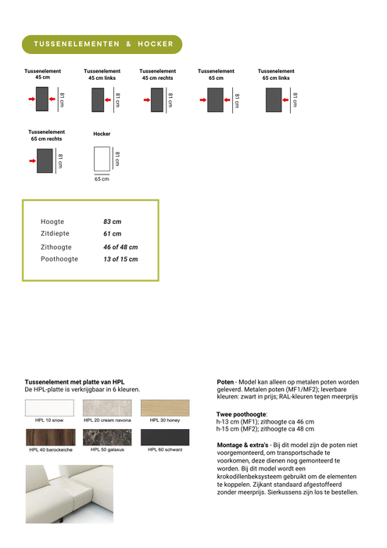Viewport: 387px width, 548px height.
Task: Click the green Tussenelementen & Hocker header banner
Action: [102, 45]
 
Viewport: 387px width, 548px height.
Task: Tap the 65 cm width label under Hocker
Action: [102, 179]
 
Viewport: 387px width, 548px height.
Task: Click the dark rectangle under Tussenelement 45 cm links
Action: [99, 99]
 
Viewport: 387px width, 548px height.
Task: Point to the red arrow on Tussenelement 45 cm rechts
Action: [146, 99]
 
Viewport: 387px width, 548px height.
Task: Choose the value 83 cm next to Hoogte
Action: [112, 222]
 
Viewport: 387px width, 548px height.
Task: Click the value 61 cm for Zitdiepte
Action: [112, 234]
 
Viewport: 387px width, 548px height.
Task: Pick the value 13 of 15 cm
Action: [120, 259]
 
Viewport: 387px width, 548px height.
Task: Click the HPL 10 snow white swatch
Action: [49, 408]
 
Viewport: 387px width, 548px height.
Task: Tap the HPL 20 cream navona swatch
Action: [108, 408]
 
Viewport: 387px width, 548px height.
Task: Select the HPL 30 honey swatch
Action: [164, 408]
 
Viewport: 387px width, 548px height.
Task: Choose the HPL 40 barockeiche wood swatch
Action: [49, 437]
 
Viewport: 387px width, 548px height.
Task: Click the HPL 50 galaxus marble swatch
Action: [108, 437]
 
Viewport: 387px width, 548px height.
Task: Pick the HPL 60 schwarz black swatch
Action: [164, 437]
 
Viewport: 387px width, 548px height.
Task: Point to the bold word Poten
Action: [226, 382]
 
